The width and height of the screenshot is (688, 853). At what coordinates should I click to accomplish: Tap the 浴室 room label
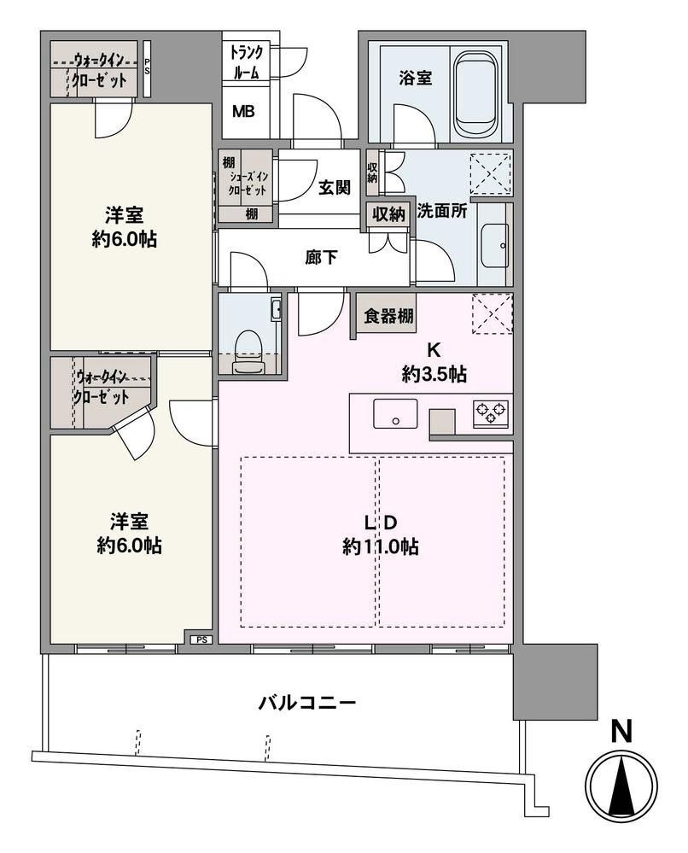(x=415, y=78)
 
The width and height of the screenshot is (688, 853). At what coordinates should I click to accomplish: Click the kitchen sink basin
(x=394, y=415)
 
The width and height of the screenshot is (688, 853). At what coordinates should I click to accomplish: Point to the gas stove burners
(x=492, y=412)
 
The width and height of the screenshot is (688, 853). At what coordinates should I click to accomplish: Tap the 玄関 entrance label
(x=335, y=188)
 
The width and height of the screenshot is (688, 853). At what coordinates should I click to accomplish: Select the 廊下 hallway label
(x=321, y=257)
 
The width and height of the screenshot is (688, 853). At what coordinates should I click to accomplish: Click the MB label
(x=243, y=112)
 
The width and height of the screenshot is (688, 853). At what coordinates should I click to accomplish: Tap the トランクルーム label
(x=249, y=61)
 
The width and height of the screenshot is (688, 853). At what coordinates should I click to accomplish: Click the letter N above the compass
(x=622, y=731)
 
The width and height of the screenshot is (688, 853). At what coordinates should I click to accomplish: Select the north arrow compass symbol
(x=622, y=787)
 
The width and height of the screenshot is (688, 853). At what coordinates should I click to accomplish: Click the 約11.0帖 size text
(x=380, y=547)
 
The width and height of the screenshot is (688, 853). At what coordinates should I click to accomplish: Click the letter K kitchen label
(x=434, y=349)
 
